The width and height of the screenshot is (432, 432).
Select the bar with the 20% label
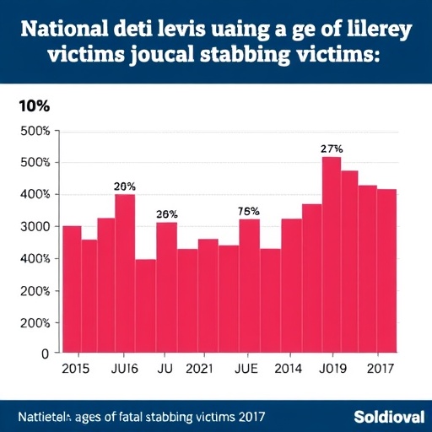coord(125,273)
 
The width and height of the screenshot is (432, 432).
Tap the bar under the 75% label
coord(249,286)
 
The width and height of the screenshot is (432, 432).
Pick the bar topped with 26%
coord(166,288)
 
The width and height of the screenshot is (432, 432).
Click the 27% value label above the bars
coord(332,148)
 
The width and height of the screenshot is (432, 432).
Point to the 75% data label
coord(249,211)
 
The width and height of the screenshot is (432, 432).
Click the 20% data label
coord(125,186)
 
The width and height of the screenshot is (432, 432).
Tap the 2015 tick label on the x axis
coord(77,369)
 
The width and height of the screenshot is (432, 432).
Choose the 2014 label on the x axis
coord(290,369)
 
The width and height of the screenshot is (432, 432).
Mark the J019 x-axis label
coord(332,369)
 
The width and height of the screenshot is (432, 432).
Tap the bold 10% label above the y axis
coord(34,107)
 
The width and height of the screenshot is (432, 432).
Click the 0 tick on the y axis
coord(45,354)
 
